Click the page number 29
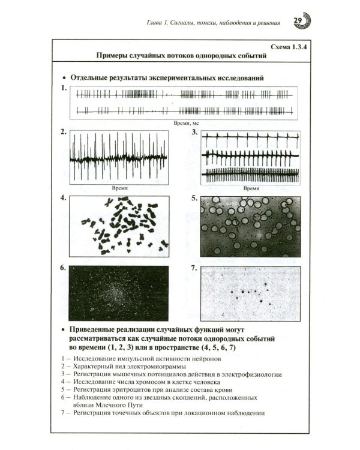(298, 20)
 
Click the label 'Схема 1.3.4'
(288, 47)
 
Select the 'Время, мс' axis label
(186, 123)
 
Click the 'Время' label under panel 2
(120, 188)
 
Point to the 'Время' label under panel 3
(251, 188)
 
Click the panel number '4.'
(63, 197)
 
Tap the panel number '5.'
(194, 198)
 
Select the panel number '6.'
(63, 268)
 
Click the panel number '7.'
(194, 268)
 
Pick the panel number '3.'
(194, 133)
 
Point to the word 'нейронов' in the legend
(207, 359)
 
